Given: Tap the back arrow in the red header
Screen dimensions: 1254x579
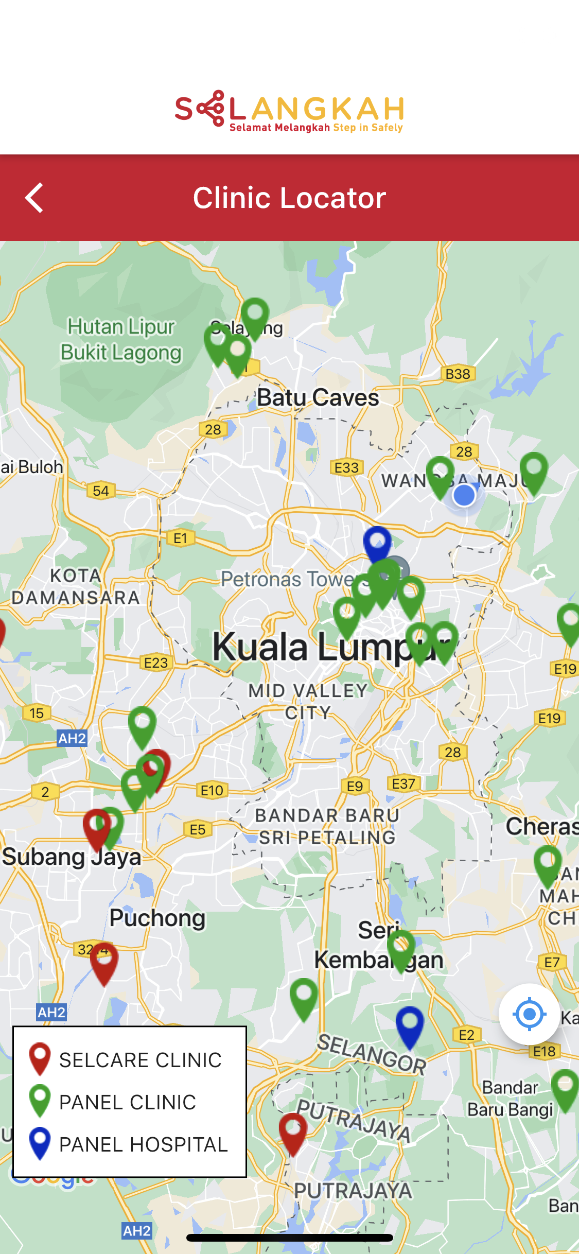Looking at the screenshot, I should point(34,198).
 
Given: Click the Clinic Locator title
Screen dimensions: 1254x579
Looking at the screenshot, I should point(289,198).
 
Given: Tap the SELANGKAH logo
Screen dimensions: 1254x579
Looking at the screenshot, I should point(289,111).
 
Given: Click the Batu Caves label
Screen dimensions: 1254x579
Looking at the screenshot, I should point(318,397).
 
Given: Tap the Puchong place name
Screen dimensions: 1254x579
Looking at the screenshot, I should point(157,918).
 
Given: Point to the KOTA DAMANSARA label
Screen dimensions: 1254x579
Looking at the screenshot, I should point(76,586).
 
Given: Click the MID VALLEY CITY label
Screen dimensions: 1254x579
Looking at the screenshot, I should point(308,701).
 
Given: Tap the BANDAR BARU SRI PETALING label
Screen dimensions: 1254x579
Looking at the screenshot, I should point(327,826).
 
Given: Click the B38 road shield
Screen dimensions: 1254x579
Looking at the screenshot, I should point(458,374).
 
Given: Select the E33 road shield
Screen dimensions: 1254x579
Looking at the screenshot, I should point(346,467).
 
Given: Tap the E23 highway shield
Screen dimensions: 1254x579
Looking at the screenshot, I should point(156,663).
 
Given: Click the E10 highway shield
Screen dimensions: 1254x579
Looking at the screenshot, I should point(212,790).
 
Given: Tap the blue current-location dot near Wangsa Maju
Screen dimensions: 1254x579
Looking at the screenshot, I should point(464,496).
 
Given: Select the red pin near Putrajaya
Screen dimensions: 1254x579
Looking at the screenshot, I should point(293,1131).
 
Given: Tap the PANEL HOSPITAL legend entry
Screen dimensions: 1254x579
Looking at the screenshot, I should point(129,1144).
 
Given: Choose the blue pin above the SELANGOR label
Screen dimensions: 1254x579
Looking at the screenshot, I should point(410,1024).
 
